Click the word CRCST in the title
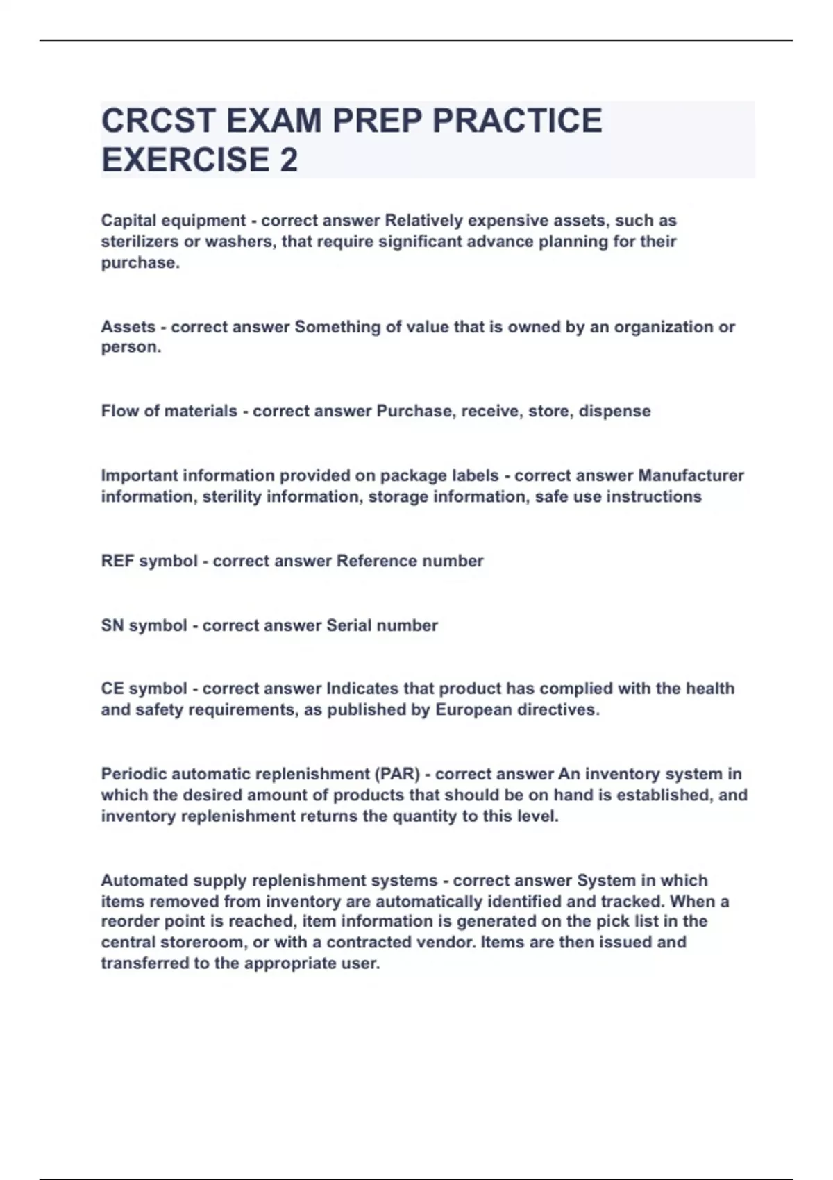pyautogui.click(x=158, y=121)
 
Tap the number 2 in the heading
pyautogui.click(x=289, y=160)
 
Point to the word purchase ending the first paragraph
pyautogui.click(x=138, y=262)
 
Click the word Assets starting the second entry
pyautogui.click(x=128, y=326)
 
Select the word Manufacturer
pyautogui.click(x=691, y=475)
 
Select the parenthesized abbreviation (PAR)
pyautogui.click(x=398, y=774)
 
